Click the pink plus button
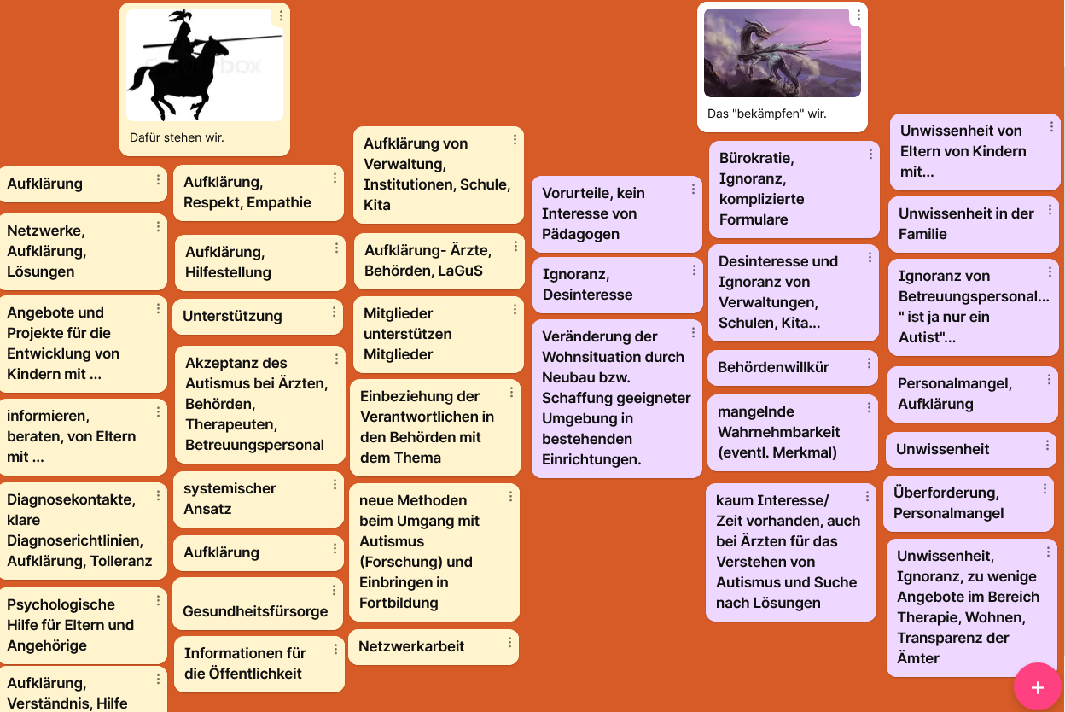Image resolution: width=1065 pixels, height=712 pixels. tap(1038, 686)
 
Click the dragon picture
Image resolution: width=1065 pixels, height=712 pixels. tap(782, 53)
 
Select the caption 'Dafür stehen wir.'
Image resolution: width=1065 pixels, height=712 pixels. tap(177, 138)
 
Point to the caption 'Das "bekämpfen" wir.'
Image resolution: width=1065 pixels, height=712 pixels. tap(767, 114)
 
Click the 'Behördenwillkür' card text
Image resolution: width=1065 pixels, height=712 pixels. tap(773, 367)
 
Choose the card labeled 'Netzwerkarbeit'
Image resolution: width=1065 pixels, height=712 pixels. tap(434, 646)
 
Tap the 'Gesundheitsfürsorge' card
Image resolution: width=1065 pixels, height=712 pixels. tap(258, 604)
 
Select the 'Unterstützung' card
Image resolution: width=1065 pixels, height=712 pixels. tap(258, 316)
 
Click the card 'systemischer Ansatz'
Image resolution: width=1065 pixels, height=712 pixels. tap(259, 499)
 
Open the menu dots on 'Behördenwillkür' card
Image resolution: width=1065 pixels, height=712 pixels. tap(869, 364)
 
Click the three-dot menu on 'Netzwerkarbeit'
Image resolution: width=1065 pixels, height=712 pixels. tap(509, 643)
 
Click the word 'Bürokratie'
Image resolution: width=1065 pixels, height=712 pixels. tap(756, 158)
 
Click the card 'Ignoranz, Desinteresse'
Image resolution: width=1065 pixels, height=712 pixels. tap(617, 285)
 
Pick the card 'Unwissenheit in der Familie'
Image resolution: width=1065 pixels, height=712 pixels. tap(973, 224)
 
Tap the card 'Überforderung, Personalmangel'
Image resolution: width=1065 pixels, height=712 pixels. tap(969, 503)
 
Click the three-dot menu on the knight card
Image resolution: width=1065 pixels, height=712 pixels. tap(281, 16)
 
